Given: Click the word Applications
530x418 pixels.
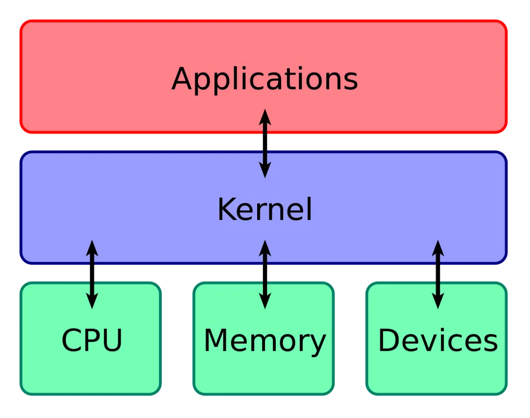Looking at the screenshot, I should click(x=265, y=79).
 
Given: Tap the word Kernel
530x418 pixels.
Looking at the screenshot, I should click(x=265, y=210).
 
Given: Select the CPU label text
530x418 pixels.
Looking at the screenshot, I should click(x=92, y=340).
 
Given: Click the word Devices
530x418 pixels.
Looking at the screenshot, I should click(x=438, y=340).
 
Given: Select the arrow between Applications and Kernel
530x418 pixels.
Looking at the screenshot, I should click(x=265, y=143).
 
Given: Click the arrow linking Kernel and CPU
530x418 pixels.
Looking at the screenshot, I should click(x=92, y=274).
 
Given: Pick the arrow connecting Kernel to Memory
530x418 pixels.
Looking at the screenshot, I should click(x=265, y=274).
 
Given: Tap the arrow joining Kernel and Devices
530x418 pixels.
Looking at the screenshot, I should click(x=438, y=274).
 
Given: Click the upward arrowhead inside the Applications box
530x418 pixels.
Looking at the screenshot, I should click(x=265, y=116).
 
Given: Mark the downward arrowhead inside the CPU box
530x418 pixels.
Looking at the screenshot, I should click(x=92, y=301).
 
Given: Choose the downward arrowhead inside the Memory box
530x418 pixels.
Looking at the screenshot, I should click(x=265, y=301).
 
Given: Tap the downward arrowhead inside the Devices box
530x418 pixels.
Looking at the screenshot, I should click(x=438, y=301).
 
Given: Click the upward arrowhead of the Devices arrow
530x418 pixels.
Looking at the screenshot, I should click(x=438, y=247).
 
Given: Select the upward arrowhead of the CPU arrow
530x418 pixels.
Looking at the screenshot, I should click(x=92, y=247).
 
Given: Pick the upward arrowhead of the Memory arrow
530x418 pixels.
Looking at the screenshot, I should click(x=265, y=247).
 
